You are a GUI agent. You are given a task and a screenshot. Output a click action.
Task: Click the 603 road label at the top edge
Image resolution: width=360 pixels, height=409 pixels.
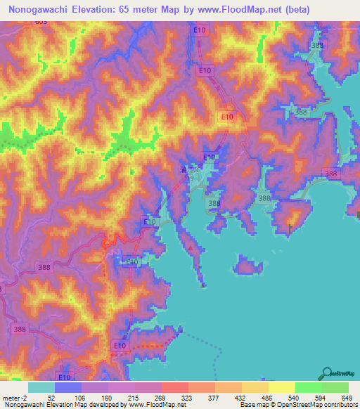pyautogui.click(x=41, y=23)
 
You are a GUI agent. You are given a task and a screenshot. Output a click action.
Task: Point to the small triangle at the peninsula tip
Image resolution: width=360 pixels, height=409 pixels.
pyautogui.click(x=203, y=285)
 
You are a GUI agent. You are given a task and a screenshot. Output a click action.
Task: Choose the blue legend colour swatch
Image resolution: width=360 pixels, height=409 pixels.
pyautogui.click(x=68, y=387)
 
